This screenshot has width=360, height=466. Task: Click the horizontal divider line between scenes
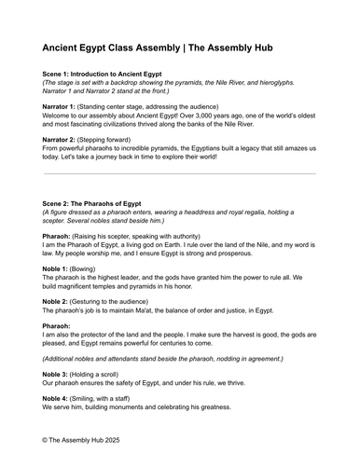pos(179,174)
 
